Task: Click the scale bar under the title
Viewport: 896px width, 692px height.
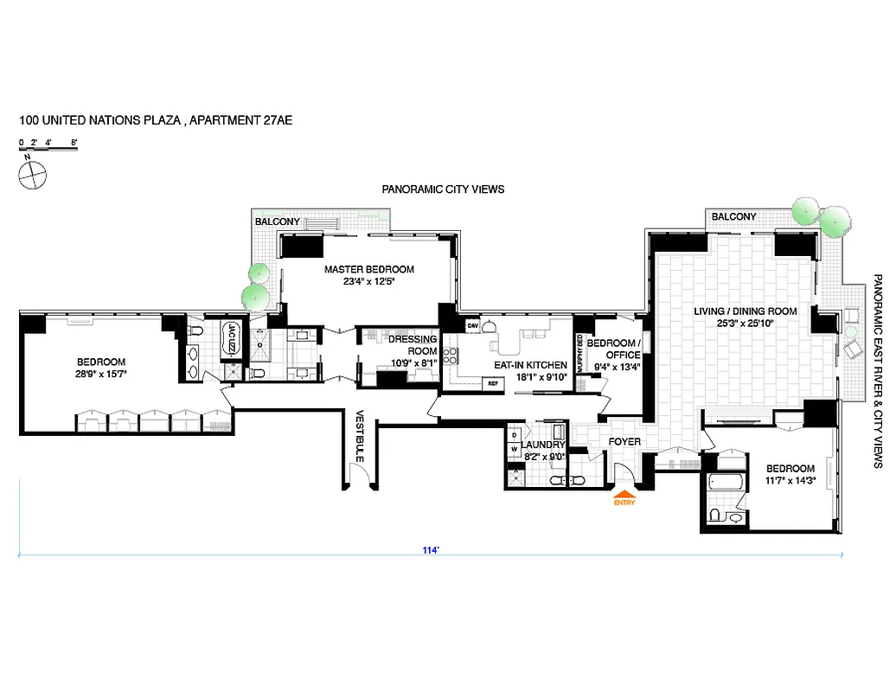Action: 48,150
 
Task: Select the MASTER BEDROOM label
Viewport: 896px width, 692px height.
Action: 369,270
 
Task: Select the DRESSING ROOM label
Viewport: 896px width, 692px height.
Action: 413,345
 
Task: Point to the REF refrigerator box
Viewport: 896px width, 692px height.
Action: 494,383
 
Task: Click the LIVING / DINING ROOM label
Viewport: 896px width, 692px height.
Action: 745,311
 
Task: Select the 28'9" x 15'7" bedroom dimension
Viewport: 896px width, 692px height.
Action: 102,375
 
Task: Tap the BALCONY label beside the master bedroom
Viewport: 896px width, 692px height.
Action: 278,222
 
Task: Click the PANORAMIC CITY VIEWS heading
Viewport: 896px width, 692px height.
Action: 443,189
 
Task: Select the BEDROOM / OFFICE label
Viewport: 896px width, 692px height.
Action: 614,349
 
